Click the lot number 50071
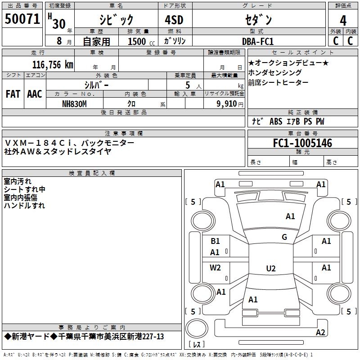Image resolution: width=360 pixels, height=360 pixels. point(22,19)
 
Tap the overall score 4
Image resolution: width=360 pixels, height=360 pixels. point(343,21)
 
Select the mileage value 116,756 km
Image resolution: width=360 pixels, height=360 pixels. point(53,65)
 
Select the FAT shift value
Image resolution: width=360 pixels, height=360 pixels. point(13,94)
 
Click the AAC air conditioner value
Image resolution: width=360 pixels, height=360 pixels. point(35,94)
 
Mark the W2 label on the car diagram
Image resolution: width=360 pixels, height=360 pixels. point(216,268)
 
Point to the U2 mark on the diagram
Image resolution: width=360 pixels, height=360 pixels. point(270,269)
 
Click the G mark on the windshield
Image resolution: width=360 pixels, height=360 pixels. point(284,237)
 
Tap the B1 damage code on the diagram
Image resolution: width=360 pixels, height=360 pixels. point(216,241)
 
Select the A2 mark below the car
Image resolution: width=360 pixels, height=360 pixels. point(320,333)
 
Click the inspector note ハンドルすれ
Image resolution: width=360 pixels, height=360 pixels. point(24,206)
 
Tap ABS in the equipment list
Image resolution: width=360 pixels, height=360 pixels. point(275,121)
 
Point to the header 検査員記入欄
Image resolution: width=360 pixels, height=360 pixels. point(92,173)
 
